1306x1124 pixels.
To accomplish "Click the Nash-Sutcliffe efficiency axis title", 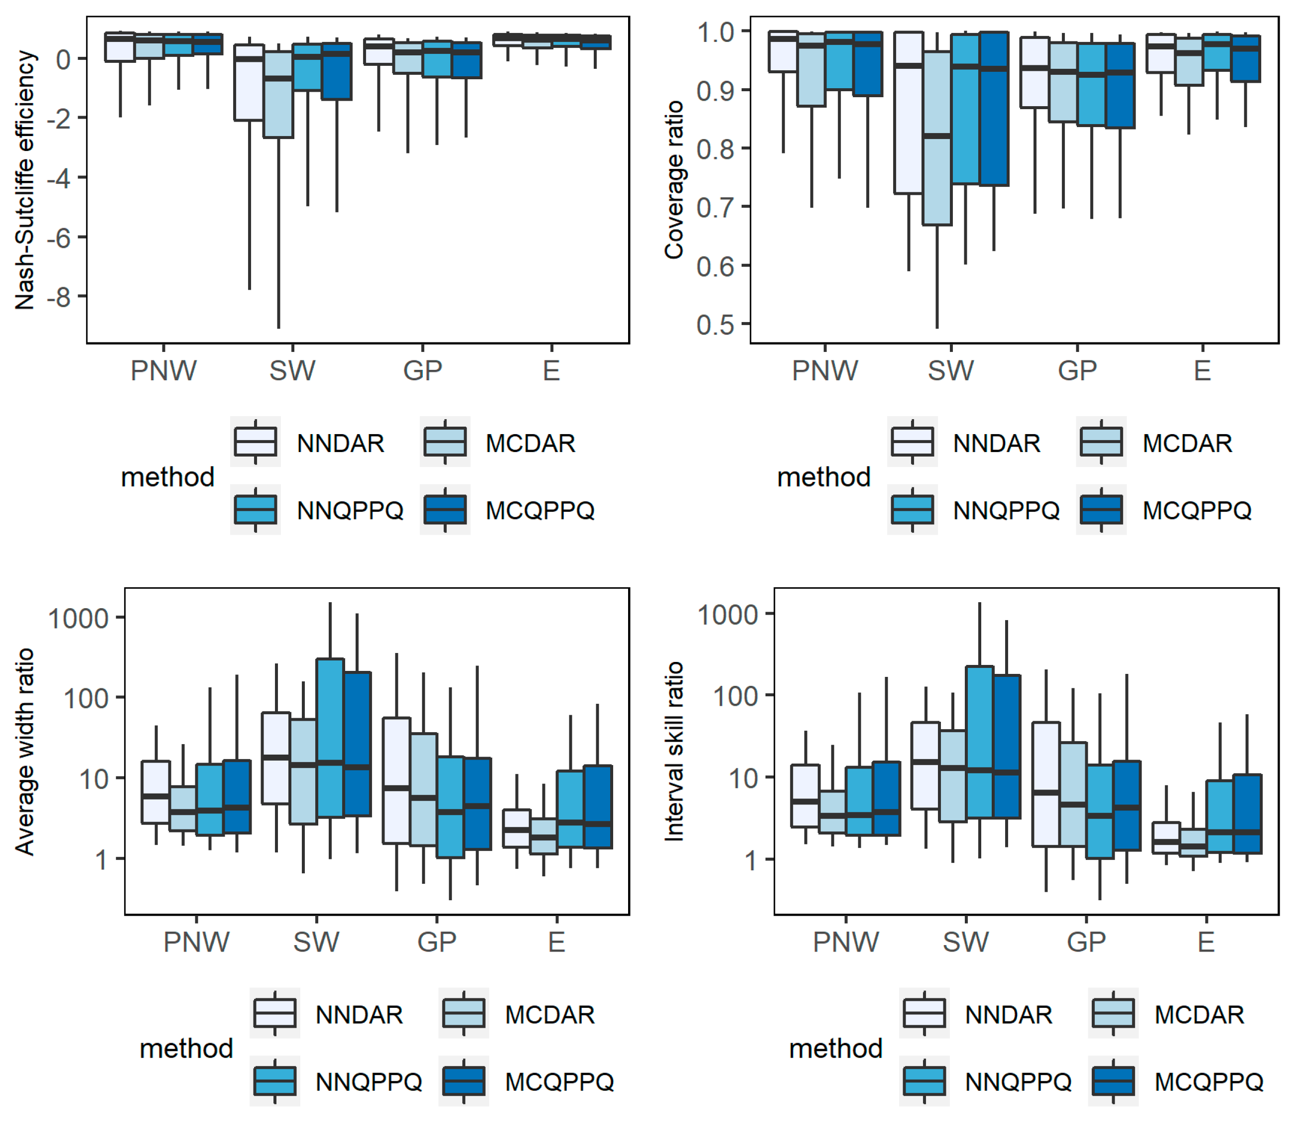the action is [25, 180].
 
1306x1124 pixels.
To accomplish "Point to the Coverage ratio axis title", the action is [674, 180].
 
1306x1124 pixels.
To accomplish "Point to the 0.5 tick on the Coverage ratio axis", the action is [715, 325].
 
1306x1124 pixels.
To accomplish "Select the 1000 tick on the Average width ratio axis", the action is [78, 619].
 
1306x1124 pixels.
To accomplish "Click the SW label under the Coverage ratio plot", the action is [950, 370].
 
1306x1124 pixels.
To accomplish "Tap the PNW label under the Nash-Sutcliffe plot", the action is [163, 370].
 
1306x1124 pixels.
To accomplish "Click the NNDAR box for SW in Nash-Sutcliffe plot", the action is [249, 82].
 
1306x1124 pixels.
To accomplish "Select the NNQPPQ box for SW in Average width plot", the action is [330, 738].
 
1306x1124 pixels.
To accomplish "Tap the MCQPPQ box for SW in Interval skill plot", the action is [1007, 747].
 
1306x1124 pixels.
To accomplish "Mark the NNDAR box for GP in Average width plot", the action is [396, 780].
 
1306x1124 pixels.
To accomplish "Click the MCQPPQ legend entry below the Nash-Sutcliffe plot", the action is [508, 509].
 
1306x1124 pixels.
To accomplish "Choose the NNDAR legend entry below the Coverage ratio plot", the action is [964, 442].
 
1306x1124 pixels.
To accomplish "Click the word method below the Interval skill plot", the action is [836, 1048].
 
